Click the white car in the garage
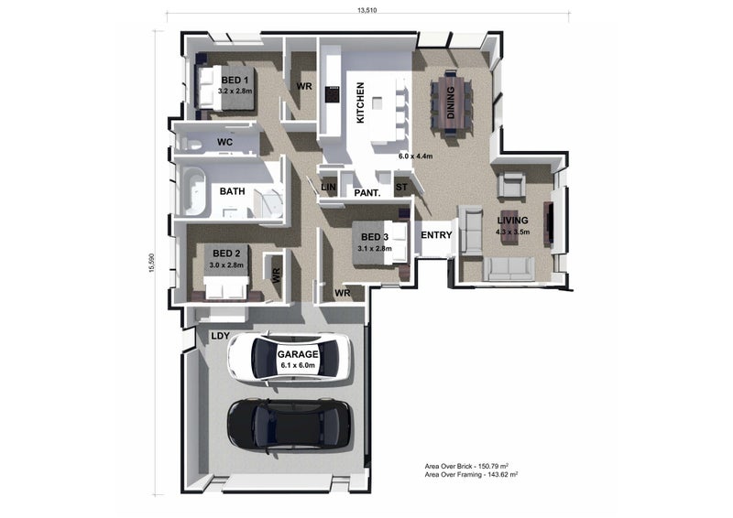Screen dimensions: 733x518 click(x=290, y=357)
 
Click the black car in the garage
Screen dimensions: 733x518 click(x=290, y=425)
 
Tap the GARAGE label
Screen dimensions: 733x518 click(x=298, y=354)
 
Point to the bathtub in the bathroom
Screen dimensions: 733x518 click(x=194, y=191)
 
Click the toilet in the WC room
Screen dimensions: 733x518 click(x=192, y=143)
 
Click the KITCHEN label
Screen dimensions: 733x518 click(x=360, y=103)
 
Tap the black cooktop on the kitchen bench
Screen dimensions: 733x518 click(x=332, y=94)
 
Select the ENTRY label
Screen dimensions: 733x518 click(x=436, y=235)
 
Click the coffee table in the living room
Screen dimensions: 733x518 click(x=509, y=227)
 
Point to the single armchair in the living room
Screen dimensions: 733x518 click(x=511, y=184)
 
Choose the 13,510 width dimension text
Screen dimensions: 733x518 click(x=367, y=10)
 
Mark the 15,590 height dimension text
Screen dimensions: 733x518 click(x=151, y=263)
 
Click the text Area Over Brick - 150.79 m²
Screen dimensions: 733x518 click(x=466, y=466)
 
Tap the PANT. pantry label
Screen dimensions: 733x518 click(x=367, y=192)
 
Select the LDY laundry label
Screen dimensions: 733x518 click(x=220, y=336)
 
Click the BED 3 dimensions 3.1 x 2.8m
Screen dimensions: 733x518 click(x=375, y=249)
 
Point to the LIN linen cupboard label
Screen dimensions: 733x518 click(x=328, y=187)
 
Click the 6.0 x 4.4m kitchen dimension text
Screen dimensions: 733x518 click(x=416, y=156)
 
